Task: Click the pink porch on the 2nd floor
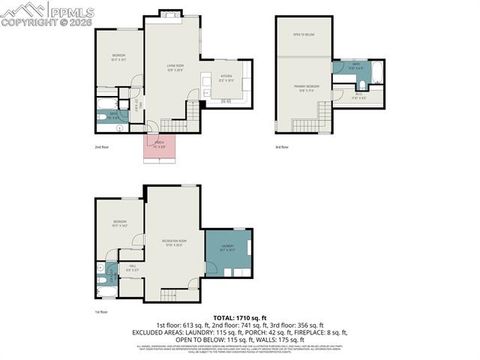[158, 147]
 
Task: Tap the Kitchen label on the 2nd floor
[226, 78]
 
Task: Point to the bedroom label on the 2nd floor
[118, 56]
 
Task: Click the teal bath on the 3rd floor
[356, 72]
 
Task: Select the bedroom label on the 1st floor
[119, 222]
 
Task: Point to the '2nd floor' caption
[101, 147]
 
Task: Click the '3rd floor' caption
[282, 147]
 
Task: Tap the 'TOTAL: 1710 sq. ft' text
[240, 316]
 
